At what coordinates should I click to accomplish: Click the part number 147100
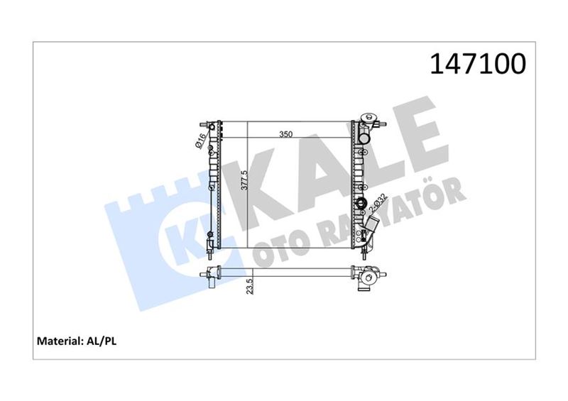477,64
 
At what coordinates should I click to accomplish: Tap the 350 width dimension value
286,134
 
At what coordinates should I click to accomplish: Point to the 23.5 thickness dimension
249,286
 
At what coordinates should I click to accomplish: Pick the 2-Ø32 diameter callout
378,204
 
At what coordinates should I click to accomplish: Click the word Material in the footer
59,341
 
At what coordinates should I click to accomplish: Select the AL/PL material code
101,341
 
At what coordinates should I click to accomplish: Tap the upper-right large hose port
364,138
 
